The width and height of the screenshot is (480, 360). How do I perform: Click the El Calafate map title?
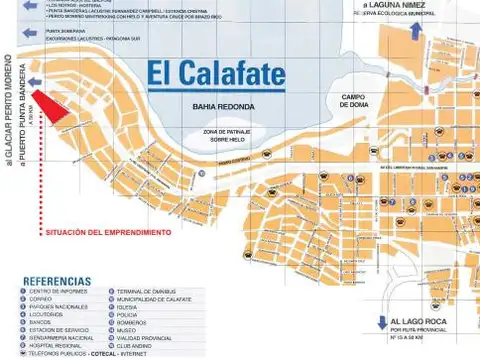coord(215,74)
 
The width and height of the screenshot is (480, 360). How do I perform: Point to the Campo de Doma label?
coord(355,101)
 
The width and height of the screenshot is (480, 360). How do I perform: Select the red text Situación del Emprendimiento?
coord(107,232)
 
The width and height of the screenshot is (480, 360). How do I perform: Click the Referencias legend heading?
coord(57,281)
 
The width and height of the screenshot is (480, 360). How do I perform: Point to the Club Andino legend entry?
coord(134,346)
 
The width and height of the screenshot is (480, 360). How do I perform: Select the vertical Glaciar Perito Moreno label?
coord(8,109)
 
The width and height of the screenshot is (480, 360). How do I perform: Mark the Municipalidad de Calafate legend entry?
coord(153,299)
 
